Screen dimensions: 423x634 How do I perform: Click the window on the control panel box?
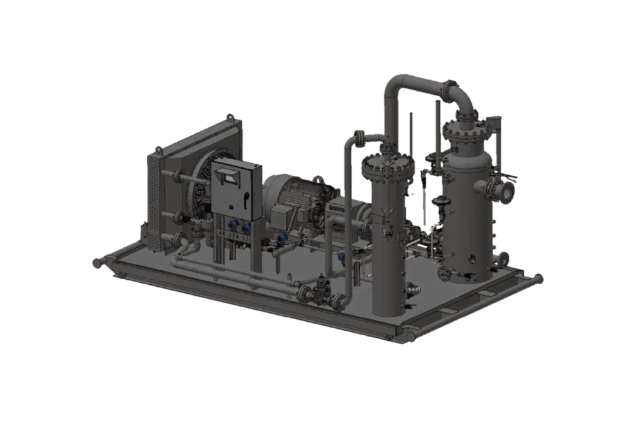230,175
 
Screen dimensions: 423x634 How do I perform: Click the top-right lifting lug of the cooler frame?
236,120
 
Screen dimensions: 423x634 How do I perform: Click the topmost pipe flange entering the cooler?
176,174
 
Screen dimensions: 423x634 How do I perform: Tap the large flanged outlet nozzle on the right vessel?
505,189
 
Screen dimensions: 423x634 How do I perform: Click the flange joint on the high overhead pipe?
450,91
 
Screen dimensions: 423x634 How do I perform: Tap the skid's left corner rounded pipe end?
96,262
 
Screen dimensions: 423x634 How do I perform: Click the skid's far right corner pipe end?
538,276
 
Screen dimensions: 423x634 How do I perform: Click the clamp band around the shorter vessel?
387,220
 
